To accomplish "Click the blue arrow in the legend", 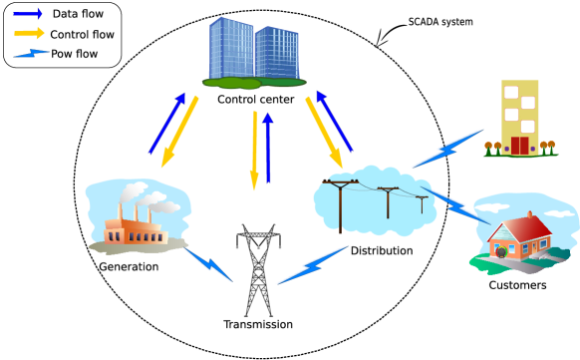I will coord(27,14).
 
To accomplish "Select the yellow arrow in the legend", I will coord(29,33).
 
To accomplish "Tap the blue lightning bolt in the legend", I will coord(31,53).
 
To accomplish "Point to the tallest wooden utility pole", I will coord(340,203).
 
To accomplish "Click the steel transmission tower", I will coord(258,270).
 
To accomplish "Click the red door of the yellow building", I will coord(519,146).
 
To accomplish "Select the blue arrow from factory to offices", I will coord(167,124).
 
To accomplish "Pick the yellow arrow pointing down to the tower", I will coord(254,151).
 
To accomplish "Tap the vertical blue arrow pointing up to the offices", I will coord(267,148).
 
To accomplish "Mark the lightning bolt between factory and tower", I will coord(208,265).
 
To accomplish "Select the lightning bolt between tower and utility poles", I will coord(313,265).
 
